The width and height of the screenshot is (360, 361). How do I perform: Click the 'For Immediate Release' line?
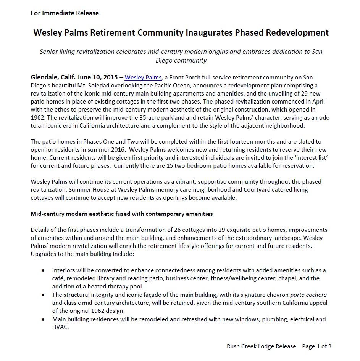65,13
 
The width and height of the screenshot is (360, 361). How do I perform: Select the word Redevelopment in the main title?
298,32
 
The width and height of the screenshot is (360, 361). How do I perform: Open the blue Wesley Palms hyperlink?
143,78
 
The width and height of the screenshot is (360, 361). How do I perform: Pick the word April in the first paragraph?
319,102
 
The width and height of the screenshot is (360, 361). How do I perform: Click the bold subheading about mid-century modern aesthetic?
121,214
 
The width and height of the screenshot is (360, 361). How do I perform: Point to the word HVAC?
60,327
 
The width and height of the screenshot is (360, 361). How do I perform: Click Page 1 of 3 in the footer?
316,346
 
